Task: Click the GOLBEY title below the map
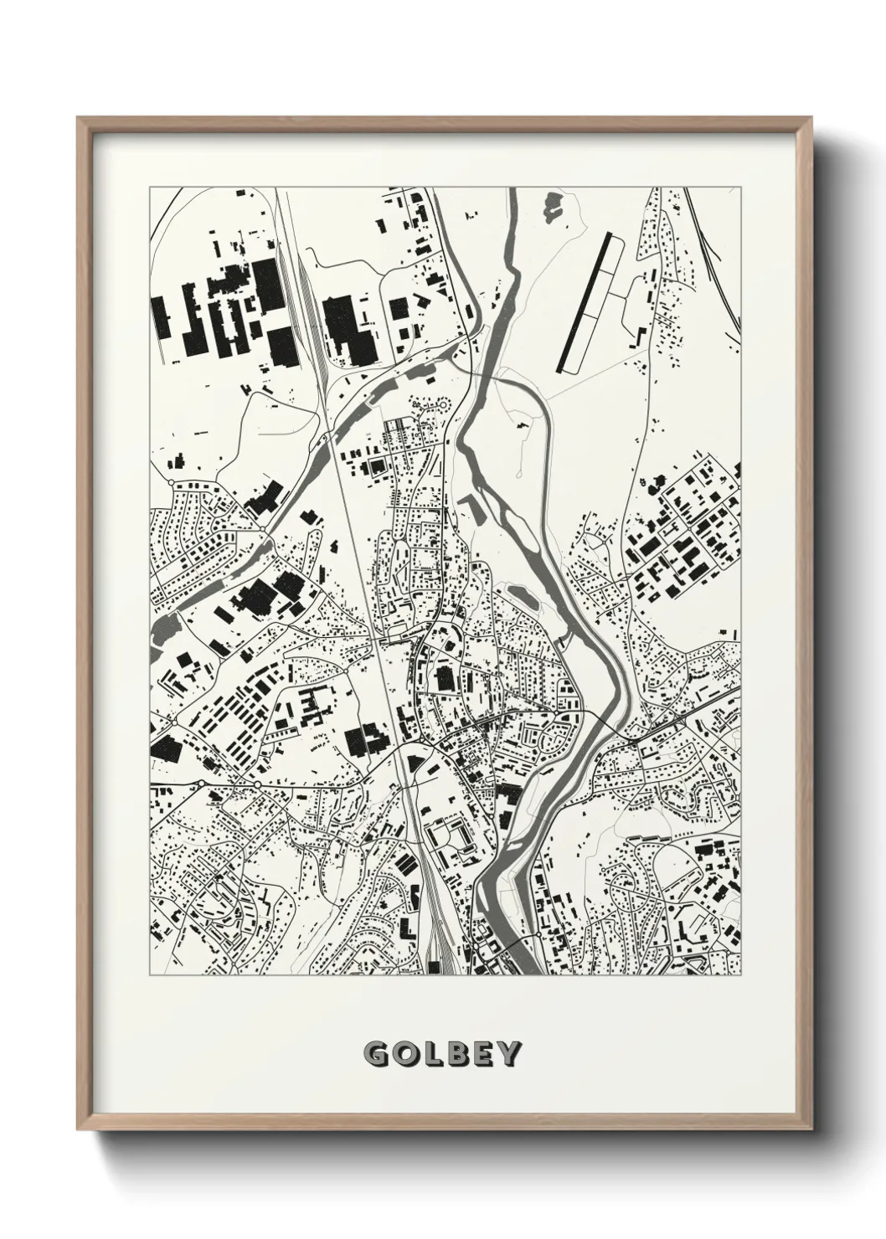442,1053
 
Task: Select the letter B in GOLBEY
455,1053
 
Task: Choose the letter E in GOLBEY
482,1053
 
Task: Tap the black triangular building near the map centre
414,761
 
